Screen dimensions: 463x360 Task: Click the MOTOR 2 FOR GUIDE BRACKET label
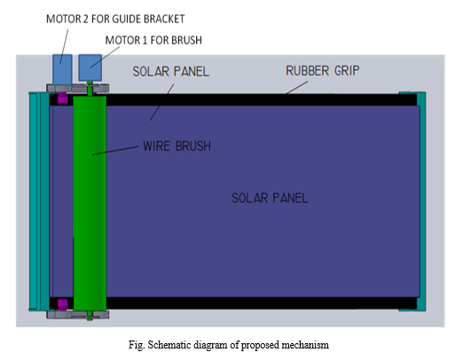[x=115, y=19]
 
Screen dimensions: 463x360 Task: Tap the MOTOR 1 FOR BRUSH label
[x=153, y=40]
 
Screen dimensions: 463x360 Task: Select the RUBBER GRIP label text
[x=323, y=71]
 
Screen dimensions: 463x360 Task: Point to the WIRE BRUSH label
[x=177, y=146]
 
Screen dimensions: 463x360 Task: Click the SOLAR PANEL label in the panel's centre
[x=270, y=198]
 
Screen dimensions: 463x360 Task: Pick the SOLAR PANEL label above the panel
[x=171, y=72]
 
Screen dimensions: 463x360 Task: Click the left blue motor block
[x=62, y=69]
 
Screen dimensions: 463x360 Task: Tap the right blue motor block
[x=90, y=67]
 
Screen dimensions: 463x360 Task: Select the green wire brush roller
[x=90, y=203]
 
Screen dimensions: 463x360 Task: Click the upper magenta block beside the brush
[x=62, y=98]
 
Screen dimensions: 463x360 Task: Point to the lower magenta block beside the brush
[x=62, y=304]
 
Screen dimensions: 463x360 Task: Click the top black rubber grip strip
[x=262, y=99]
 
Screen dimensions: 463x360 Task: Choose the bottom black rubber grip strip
[x=262, y=303]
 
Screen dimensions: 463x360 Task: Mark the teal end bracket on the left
[x=39, y=201]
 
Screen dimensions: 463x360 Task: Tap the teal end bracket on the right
[x=421, y=201]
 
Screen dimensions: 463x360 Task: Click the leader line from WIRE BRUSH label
[x=115, y=150]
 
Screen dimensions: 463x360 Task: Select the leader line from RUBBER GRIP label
[x=296, y=88]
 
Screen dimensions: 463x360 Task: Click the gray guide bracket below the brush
[x=78, y=315]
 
